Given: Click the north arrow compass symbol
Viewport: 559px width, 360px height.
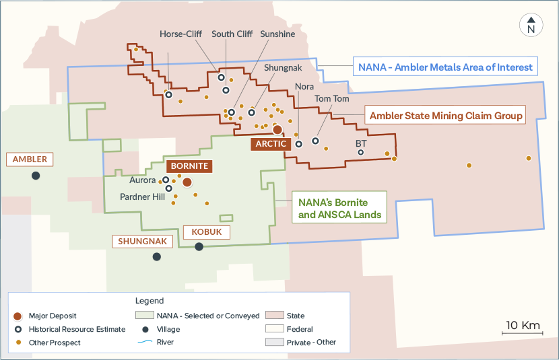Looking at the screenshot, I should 531,25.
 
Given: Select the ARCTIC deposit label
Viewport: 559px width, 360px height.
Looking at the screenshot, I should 271,144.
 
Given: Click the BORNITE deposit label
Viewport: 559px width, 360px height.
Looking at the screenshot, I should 189,166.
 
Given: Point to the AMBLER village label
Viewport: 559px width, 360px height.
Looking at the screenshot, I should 30,159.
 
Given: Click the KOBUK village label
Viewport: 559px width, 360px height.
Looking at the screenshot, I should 207,232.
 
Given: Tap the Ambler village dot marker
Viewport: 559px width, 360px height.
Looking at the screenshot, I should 35,176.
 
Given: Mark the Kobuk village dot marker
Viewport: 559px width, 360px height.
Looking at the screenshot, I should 199,247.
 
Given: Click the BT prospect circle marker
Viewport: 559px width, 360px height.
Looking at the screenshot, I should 361,153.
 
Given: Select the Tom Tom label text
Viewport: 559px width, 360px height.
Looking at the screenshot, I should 332,99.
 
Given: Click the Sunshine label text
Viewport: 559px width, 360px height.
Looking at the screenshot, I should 277,34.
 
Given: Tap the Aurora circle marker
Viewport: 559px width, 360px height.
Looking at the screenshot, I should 166,180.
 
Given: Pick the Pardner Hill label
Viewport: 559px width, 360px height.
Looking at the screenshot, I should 142,197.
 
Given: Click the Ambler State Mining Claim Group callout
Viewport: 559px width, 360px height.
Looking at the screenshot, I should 446,116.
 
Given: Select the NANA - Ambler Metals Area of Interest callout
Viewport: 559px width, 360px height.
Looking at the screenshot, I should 445,67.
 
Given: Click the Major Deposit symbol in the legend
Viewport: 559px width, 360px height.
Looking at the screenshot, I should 18,316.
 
